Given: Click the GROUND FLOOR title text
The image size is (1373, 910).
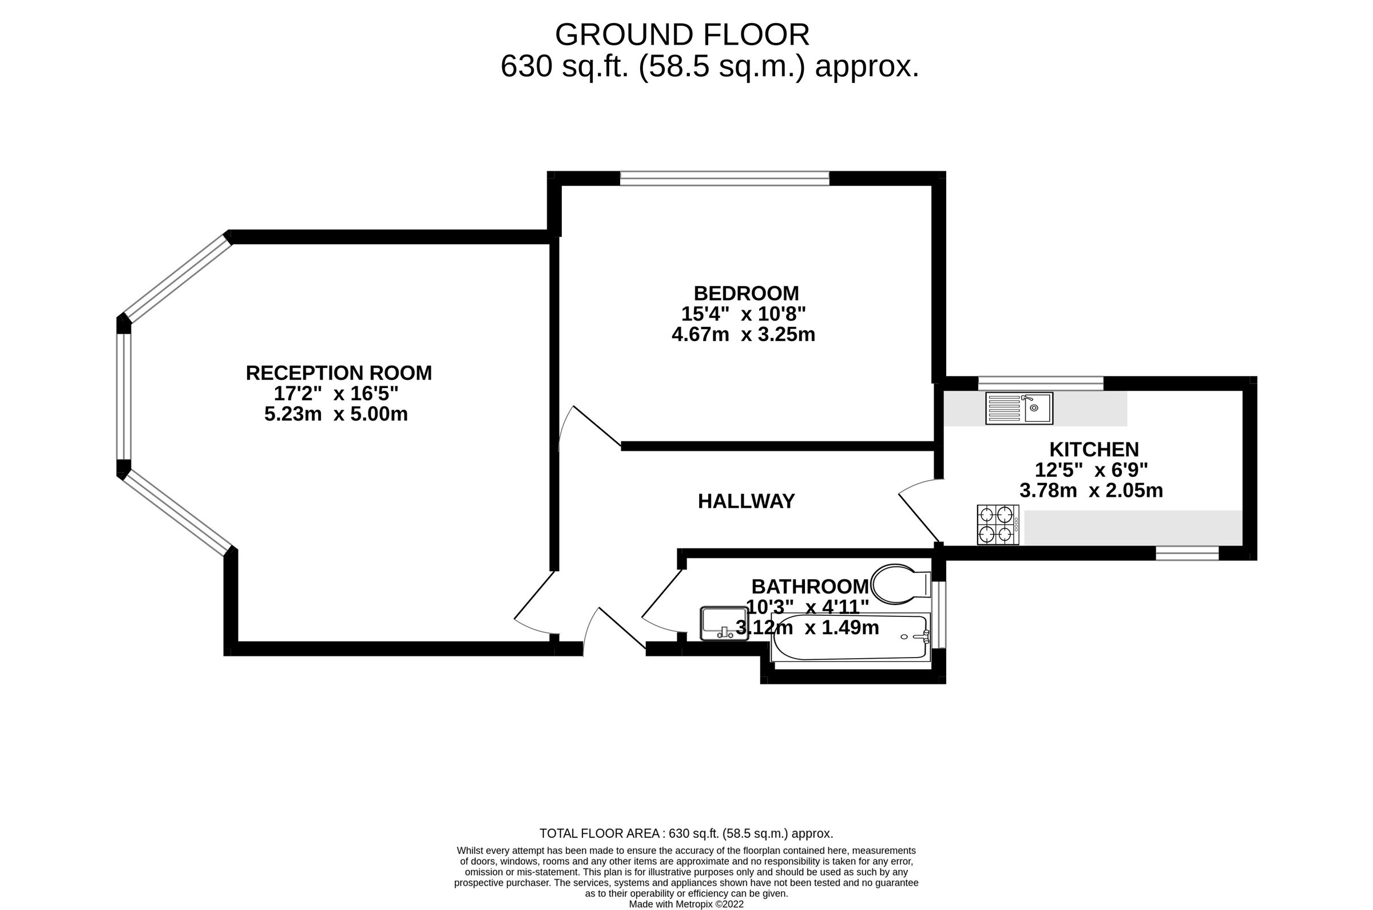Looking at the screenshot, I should coord(681,35).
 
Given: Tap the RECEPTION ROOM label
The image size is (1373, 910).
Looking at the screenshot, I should coord(339,373).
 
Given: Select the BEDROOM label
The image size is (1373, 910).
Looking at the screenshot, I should coord(746,293).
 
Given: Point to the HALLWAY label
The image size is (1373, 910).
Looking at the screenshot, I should coord(746,501).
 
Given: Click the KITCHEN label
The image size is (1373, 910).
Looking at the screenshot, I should coord(1094,449).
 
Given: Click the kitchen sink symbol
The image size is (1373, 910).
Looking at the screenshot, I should coord(1018,409).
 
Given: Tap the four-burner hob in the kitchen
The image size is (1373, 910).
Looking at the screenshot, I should coord(998,525).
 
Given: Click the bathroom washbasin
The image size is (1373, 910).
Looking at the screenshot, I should coord(724,623).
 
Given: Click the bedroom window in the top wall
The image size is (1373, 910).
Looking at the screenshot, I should coord(724,178).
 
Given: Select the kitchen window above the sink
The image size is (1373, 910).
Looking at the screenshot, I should coord(1041,383).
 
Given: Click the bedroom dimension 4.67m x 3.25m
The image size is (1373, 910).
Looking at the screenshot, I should coord(743,335).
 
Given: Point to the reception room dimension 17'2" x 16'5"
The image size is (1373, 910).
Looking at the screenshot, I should coord(336,394).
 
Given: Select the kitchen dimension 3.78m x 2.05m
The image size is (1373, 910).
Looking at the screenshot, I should coord(1091,490).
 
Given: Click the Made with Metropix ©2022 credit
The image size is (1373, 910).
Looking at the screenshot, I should coord(686,904).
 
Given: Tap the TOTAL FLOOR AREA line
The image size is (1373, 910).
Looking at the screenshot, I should coord(686,833).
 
